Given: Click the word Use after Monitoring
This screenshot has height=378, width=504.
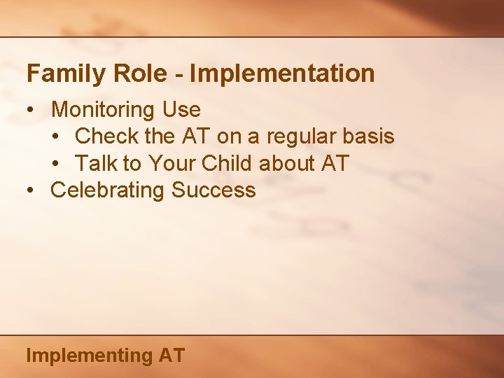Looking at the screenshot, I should tap(181, 110).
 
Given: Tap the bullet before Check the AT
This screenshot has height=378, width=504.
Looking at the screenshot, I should tap(55, 137).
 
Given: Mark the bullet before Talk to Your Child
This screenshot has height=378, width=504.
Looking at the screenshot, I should tap(55, 164).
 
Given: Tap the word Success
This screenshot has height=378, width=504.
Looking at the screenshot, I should tap(214, 190).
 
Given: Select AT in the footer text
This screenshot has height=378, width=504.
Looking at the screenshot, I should tap(171, 355).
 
